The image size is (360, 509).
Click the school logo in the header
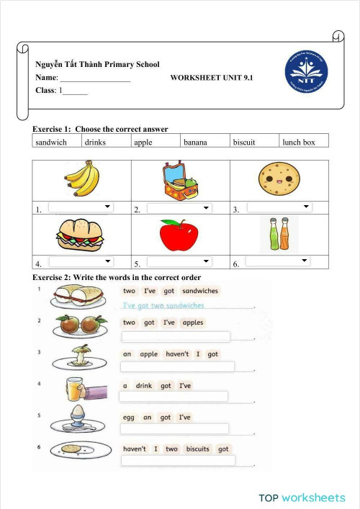click(x=307, y=73)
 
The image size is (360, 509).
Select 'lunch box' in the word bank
click(x=299, y=143)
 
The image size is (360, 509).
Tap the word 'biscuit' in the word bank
click(x=244, y=143)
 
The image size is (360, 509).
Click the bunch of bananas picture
click(x=81, y=179)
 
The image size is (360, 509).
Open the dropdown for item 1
click(x=81, y=208)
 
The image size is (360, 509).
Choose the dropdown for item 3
click(x=279, y=207)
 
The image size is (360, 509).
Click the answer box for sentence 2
click(x=176, y=337)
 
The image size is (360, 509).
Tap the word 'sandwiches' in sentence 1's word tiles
click(x=200, y=291)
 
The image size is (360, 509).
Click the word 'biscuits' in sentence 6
click(x=197, y=449)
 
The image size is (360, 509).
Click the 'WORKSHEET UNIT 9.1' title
click(x=212, y=77)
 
